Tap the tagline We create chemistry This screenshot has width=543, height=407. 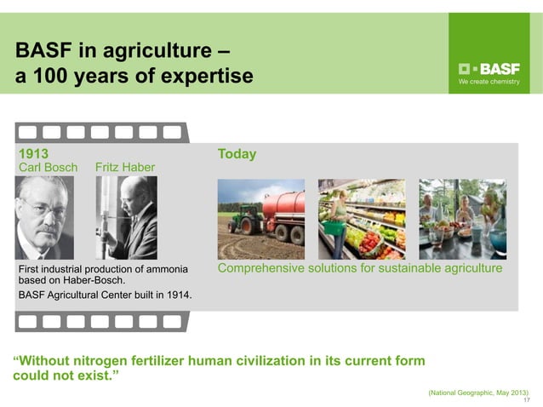pyautogui.click(x=489, y=83)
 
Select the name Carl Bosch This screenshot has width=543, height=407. pyautogui.click(x=48, y=167)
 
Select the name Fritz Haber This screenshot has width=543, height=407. pyautogui.click(x=125, y=167)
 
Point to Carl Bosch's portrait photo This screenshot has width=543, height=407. pyautogui.click(x=45, y=217)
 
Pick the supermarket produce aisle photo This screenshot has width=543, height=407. pyautogui.click(x=362, y=219)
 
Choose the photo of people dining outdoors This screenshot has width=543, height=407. pyautogui.click(x=462, y=219)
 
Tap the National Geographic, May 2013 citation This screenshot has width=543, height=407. pyautogui.click(x=477, y=392)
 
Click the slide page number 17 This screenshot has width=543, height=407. pyautogui.click(x=527, y=400)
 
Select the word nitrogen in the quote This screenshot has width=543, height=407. pyautogui.click(x=105, y=360)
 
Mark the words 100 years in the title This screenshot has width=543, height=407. pyautogui.click(x=77, y=76)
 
